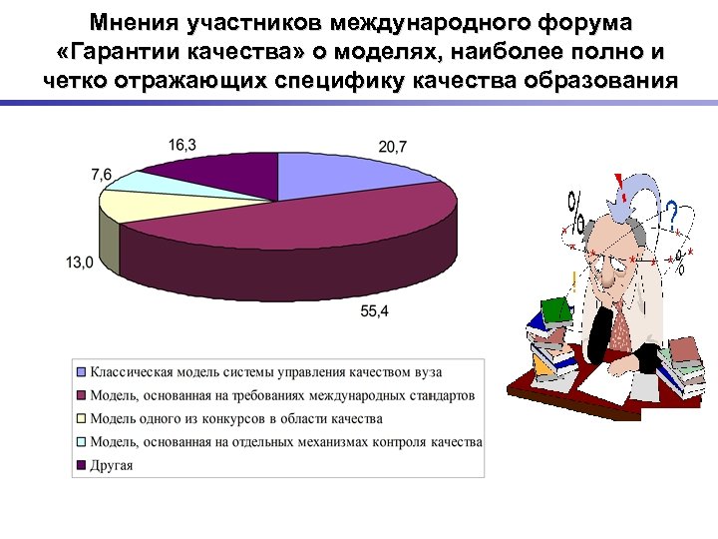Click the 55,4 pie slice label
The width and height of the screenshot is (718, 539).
coord(375,311)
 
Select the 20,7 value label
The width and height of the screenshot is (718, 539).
coord(393,147)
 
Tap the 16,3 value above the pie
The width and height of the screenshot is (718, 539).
coord(182,145)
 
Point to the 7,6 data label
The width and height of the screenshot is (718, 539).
coord(102,174)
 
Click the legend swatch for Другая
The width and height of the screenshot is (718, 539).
coord(82,464)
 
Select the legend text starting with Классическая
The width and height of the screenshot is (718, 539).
coord(265,372)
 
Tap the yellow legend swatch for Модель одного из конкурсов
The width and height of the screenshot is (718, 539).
coord(82,418)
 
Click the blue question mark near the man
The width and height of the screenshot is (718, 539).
coord(672,212)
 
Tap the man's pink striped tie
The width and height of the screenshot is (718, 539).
coord(620,324)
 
